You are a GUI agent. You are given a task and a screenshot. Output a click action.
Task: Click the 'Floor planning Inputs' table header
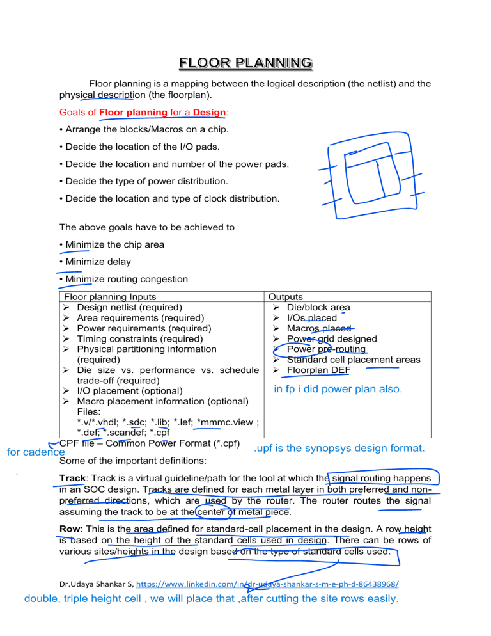pyautogui.click(x=107, y=297)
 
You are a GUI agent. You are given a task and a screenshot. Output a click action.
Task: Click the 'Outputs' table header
pyautogui.click(x=286, y=297)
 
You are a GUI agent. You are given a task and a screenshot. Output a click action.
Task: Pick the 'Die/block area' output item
pyautogui.click(x=318, y=307)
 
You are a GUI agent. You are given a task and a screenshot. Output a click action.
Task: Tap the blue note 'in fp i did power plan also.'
pyautogui.click(x=338, y=388)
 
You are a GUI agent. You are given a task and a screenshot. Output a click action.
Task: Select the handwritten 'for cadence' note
pyautogui.click(x=31, y=452)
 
